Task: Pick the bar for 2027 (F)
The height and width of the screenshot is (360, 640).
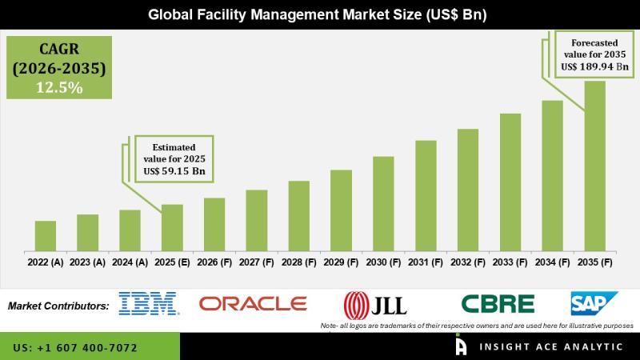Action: click(x=257, y=219)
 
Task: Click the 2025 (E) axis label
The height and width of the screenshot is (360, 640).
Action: click(x=172, y=262)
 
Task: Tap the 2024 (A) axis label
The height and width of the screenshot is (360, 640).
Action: click(x=130, y=262)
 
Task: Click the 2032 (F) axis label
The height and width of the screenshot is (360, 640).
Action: click(x=468, y=262)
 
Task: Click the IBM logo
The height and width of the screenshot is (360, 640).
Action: click(x=148, y=304)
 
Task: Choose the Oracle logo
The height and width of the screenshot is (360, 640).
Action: click(x=253, y=304)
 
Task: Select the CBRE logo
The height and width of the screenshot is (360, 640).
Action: click(x=498, y=304)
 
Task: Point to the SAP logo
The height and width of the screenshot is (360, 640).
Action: click(x=594, y=304)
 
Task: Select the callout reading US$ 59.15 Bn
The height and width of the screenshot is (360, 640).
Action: click(x=174, y=158)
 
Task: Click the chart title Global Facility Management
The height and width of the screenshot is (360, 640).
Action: click(x=318, y=15)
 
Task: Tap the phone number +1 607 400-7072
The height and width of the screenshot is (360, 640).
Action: click(x=75, y=348)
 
